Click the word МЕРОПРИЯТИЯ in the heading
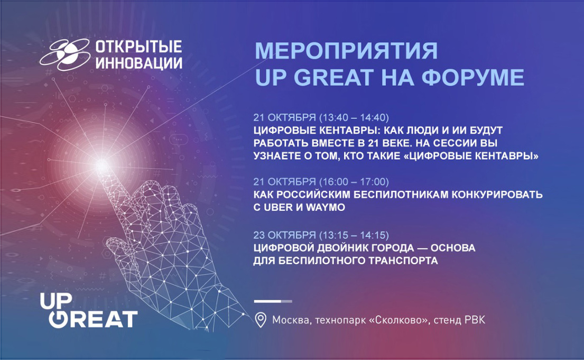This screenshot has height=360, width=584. pyautogui.click(x=346, y=51)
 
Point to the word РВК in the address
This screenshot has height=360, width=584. pyautogui.click(x=475, y=320)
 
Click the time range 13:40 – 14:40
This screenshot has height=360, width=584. pyautogui.click(x=354, y=118)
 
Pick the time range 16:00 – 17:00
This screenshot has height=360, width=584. pyautogui.click(x=354, y=182)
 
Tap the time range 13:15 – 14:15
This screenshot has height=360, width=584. pyautogui.click(x=354, y=235)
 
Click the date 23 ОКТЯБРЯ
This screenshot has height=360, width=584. pyautogui.click(x=284, y=235)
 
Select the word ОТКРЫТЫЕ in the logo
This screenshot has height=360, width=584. pyautogui.click(x=139, y=47)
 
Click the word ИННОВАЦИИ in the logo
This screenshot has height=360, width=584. pyautogui.click(x=139, y=62)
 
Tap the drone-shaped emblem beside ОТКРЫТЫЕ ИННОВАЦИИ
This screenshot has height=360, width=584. pyautogui.click(x=65, y=55)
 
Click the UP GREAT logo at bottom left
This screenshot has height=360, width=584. pyautogui.click(x=89, y=311)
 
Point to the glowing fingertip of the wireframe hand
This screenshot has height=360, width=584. pyautogui.click(x=101, y=165)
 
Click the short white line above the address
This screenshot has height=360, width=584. pyautogui.click(x=273, y=301)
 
